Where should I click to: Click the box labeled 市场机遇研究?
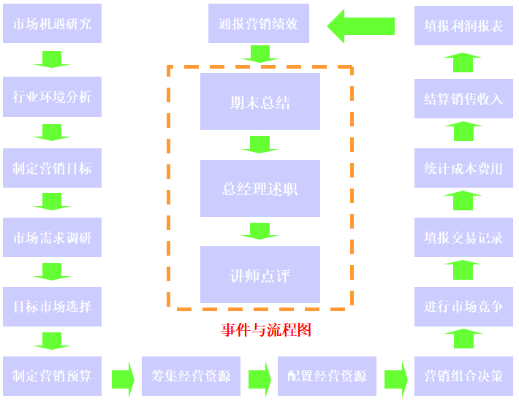pos(52,24)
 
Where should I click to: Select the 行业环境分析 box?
pos(52,96)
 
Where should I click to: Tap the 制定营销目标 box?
pos(52,167)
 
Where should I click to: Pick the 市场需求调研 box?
pos(52,237)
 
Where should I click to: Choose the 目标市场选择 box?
pos(52,307)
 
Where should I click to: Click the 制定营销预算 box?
pos(52,376)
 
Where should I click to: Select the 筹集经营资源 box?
pos(191,376)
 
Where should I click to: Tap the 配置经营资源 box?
pos(327,376)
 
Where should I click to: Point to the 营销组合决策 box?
pos(463,376)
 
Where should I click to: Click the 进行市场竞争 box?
pos(463,307)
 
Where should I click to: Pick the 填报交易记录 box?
pos(463,237)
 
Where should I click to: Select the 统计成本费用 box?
pos(463,168)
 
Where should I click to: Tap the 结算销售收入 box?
pos(463,98)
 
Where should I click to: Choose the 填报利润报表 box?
pos(463,26)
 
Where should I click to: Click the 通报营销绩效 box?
pos(258,23)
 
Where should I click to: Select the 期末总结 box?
pos(260,102)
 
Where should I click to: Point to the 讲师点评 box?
pos(260,275)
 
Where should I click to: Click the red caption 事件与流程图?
pos(266,330)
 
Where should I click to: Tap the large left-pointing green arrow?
pos(360,26)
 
